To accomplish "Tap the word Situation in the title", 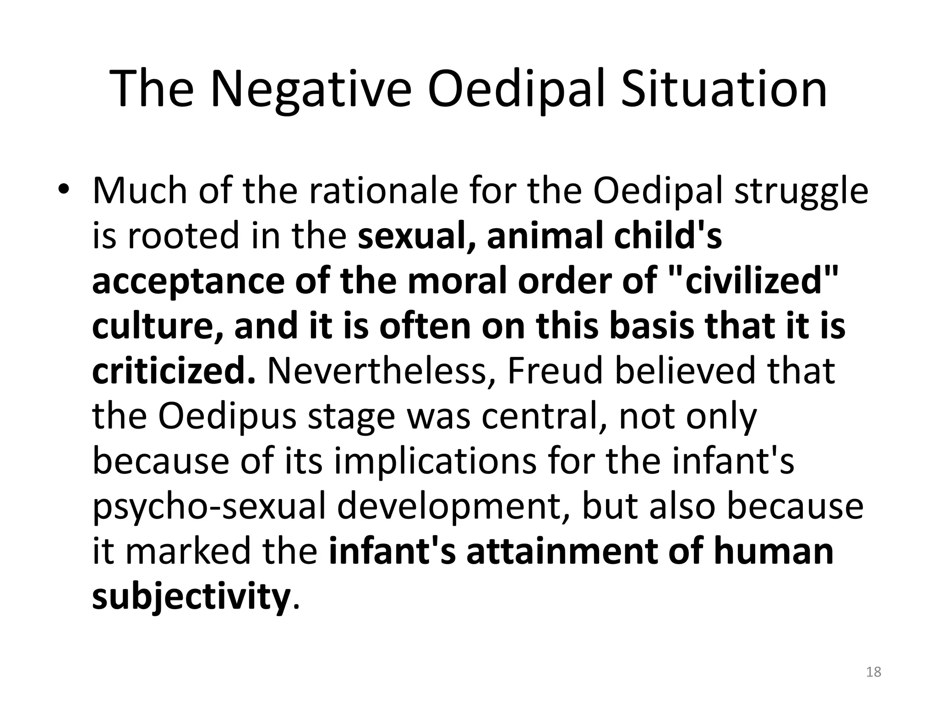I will [724, 88].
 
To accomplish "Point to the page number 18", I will [873, 672].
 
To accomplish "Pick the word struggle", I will [801, 192].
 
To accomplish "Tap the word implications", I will [435, 461].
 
